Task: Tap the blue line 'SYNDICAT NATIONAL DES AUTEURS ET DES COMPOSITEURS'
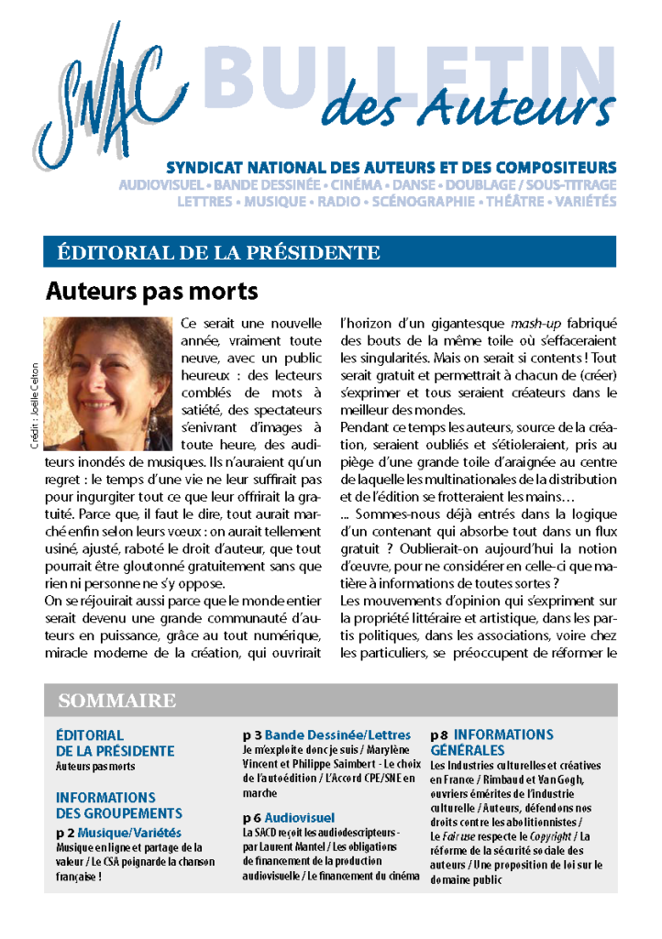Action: point(391,168)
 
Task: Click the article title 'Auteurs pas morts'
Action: point(151,293)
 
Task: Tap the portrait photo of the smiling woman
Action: point(107,382)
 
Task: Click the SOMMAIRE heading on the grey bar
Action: point(116,701)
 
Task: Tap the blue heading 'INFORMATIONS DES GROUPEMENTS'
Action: point(118,805)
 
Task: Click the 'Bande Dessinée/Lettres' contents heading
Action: point(337,735)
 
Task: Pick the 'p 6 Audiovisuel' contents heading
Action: point(289,817)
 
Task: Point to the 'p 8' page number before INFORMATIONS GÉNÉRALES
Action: point(438,735)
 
